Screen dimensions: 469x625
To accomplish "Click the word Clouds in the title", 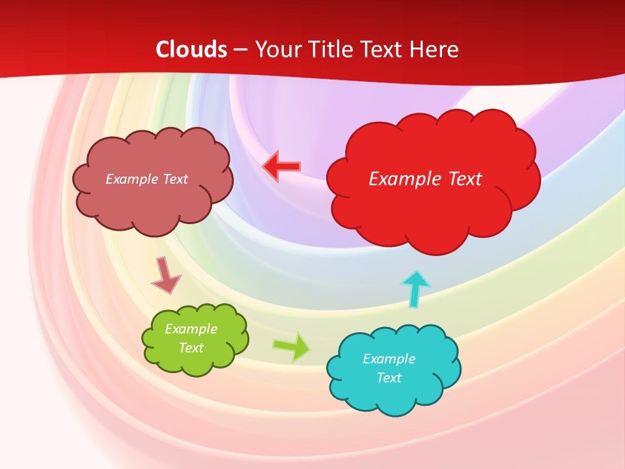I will pyautogui.click(x=191, y=50).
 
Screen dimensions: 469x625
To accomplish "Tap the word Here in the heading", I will pyautogui.click(x=435, y=50).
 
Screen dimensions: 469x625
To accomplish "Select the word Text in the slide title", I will pyautogui.click(x=385, y=50).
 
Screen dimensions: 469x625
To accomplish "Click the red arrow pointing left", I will pyautogui.click(x=281, y=167).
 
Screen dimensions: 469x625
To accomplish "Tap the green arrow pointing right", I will pyautogui.click(x=292, y=347).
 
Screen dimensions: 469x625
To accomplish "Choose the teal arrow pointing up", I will pyautogui.click(x=415, y=289).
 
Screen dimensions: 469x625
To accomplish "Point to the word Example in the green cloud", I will pyautogui.click(x=191, y=329).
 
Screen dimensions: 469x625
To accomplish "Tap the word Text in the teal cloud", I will pyautogui.click(x=389, y=378).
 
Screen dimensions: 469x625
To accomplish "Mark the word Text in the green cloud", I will pyautogui.click(x=191, y=348).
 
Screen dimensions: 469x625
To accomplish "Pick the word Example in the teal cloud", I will pyautogui.click(x=389, y=359).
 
